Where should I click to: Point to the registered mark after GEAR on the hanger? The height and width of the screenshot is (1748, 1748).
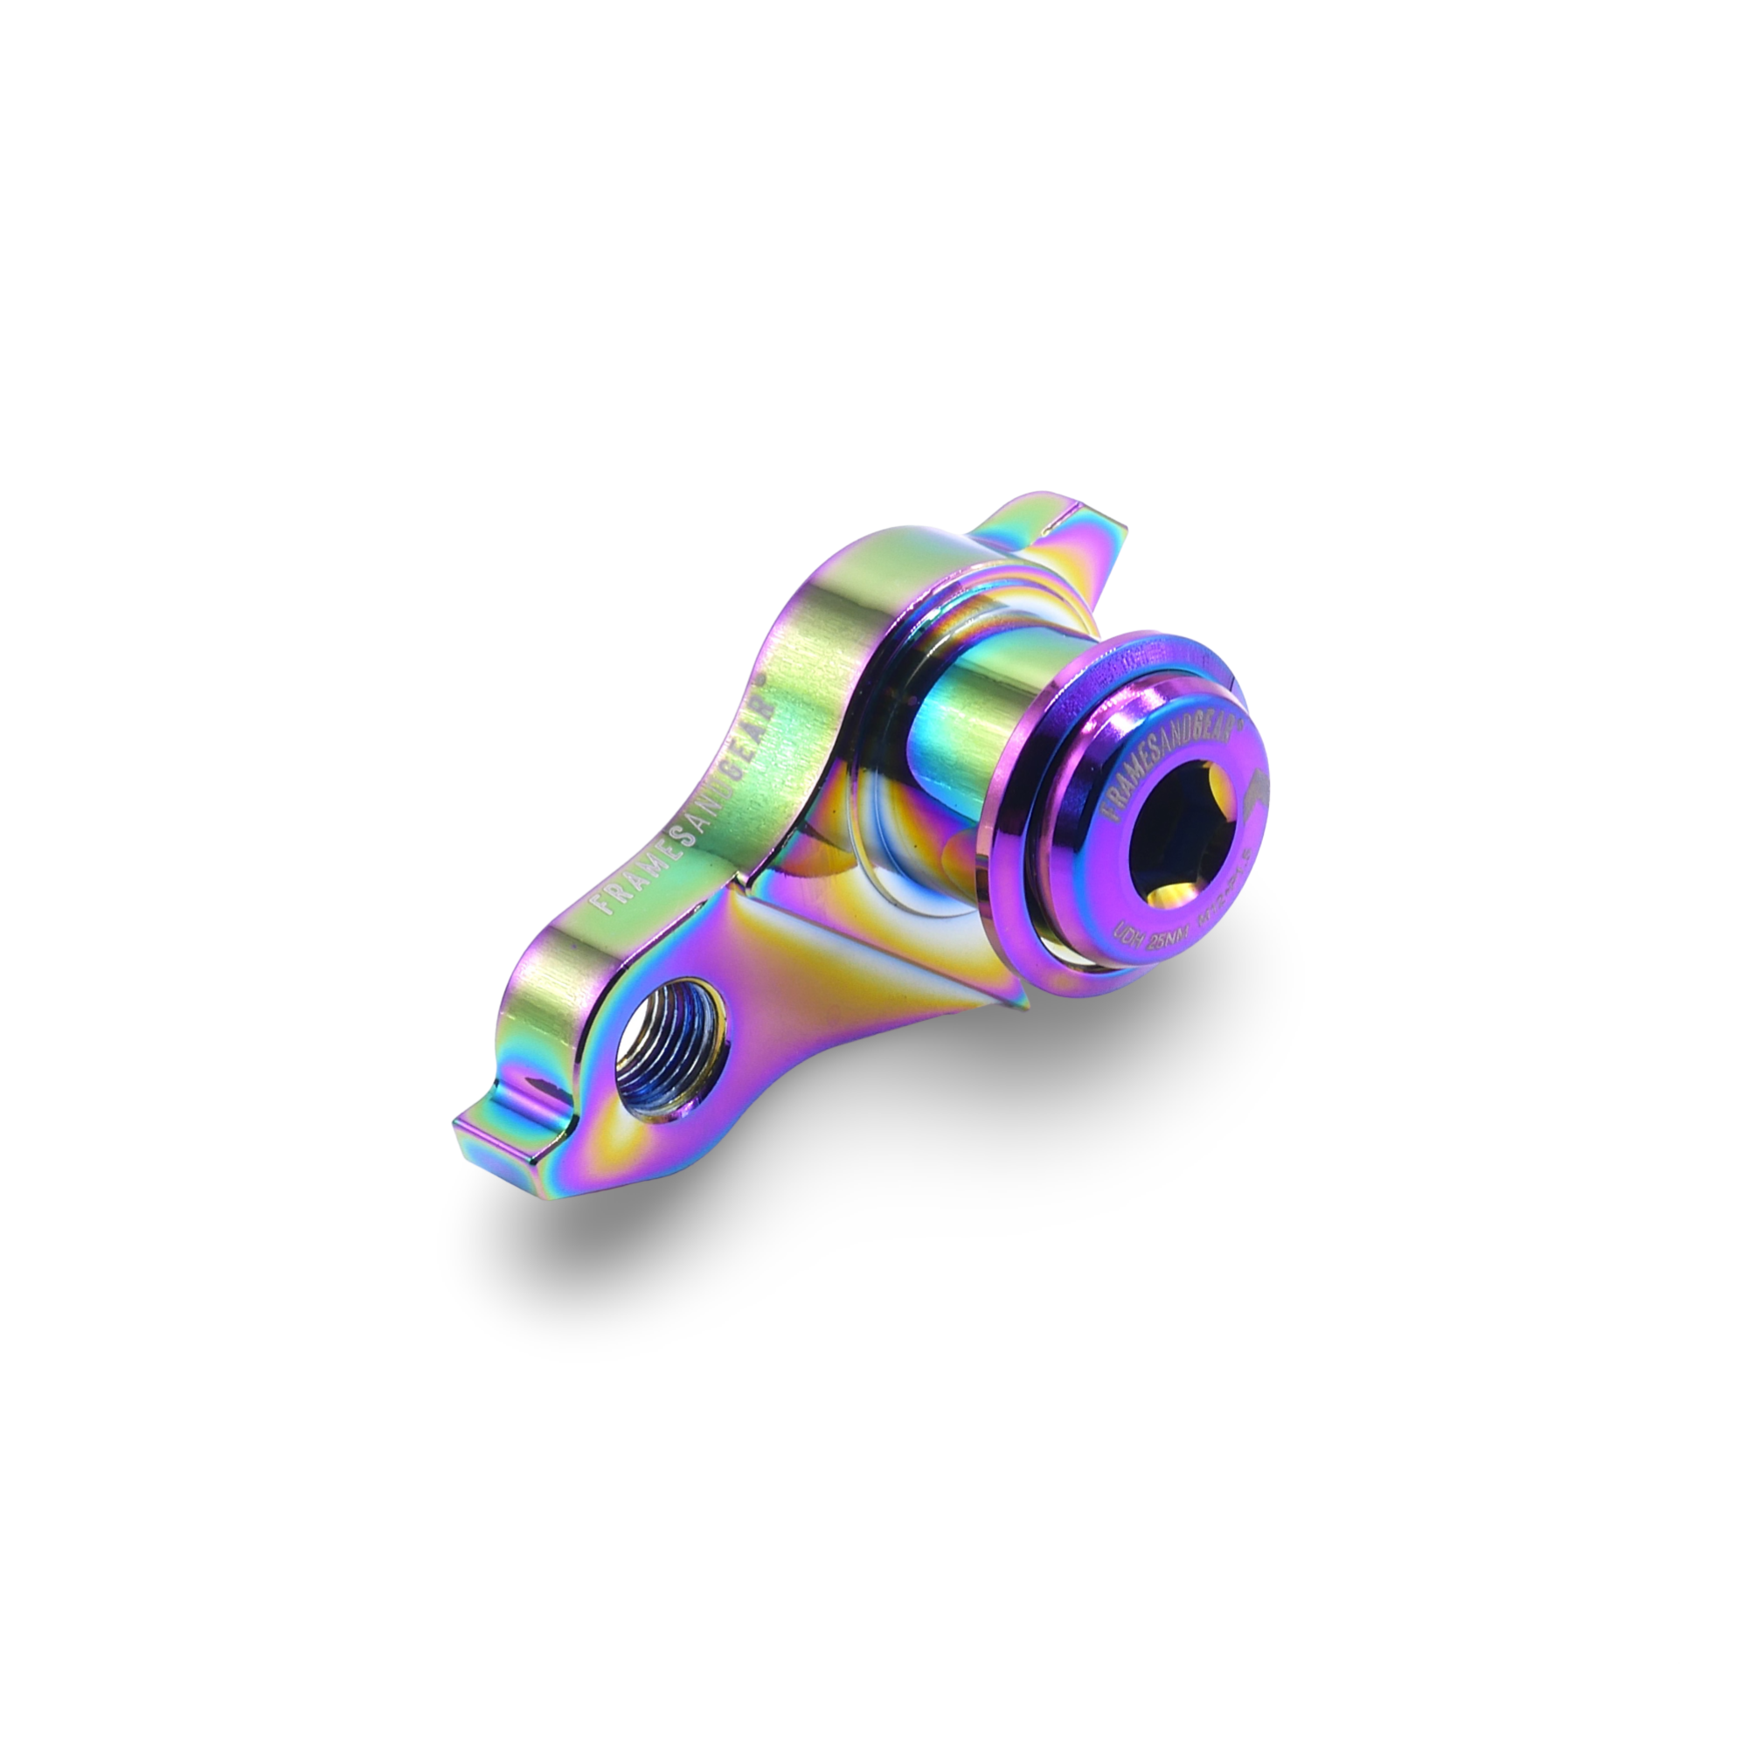(763, 678)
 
